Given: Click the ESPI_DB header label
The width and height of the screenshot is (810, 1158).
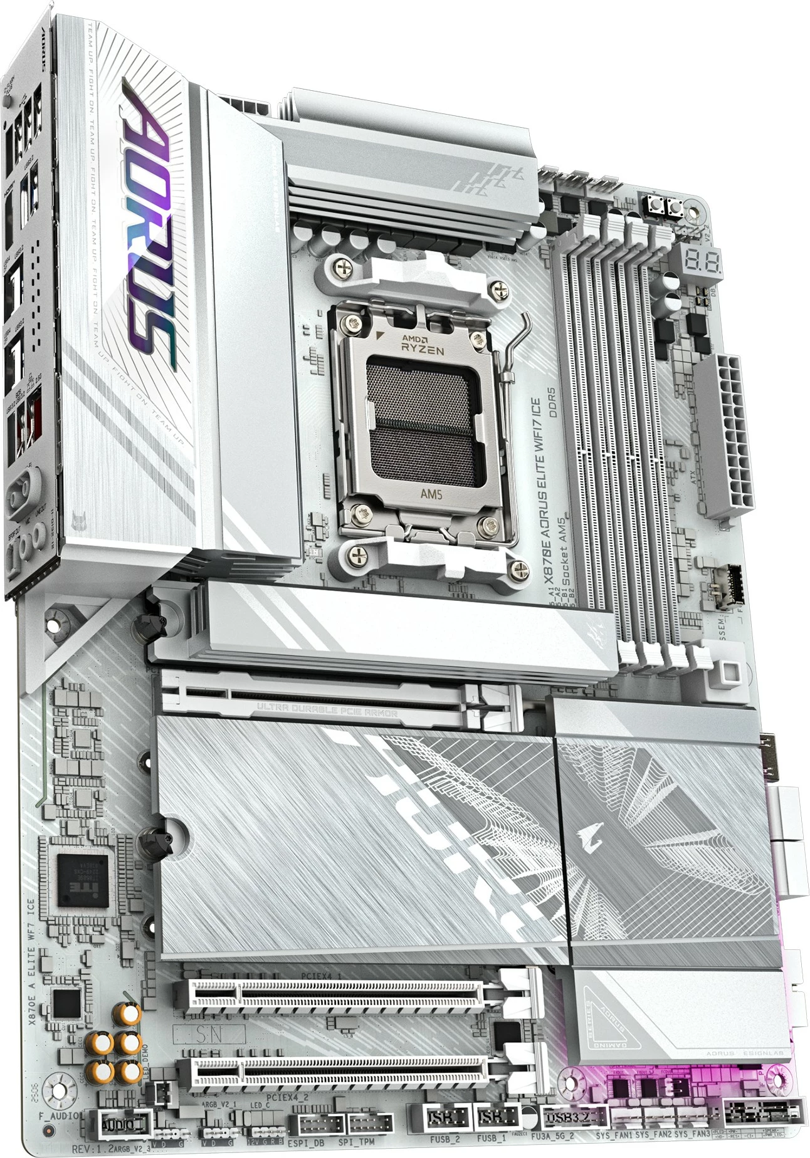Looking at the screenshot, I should click(307, 1142).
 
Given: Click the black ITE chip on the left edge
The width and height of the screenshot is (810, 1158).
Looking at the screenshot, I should click(83, 880).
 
